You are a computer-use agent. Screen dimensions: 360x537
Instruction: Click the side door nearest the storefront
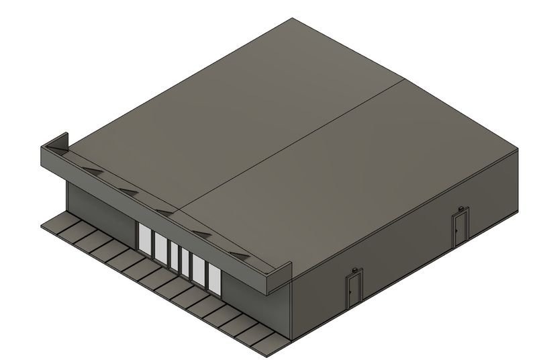(x=354, y=289)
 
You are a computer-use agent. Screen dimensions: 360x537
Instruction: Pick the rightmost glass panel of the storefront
(x=214, y=277)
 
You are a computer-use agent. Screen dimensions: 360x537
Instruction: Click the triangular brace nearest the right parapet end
(x=240, y=255)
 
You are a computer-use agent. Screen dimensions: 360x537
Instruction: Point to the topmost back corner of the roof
(x=292, y=19)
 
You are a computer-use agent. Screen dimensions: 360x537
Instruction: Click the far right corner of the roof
(x=518, y=148)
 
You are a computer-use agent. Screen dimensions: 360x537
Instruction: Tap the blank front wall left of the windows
(x=101, y=208)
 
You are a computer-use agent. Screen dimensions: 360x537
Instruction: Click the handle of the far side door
(x=456, y=229)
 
